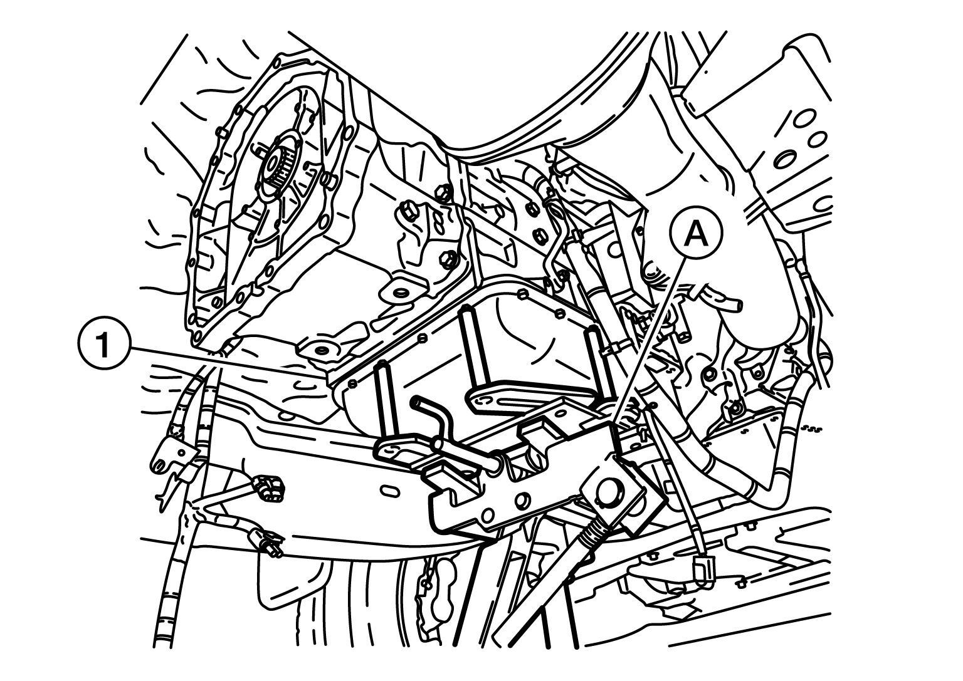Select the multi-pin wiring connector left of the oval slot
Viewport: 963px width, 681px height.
pyautogui.click(x=269, y=489)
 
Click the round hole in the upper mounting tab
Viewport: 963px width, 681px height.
pyautogui.click(x=400, y=293)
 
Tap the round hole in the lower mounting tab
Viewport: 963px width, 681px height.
pyautogui.click(x=320, y=350)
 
